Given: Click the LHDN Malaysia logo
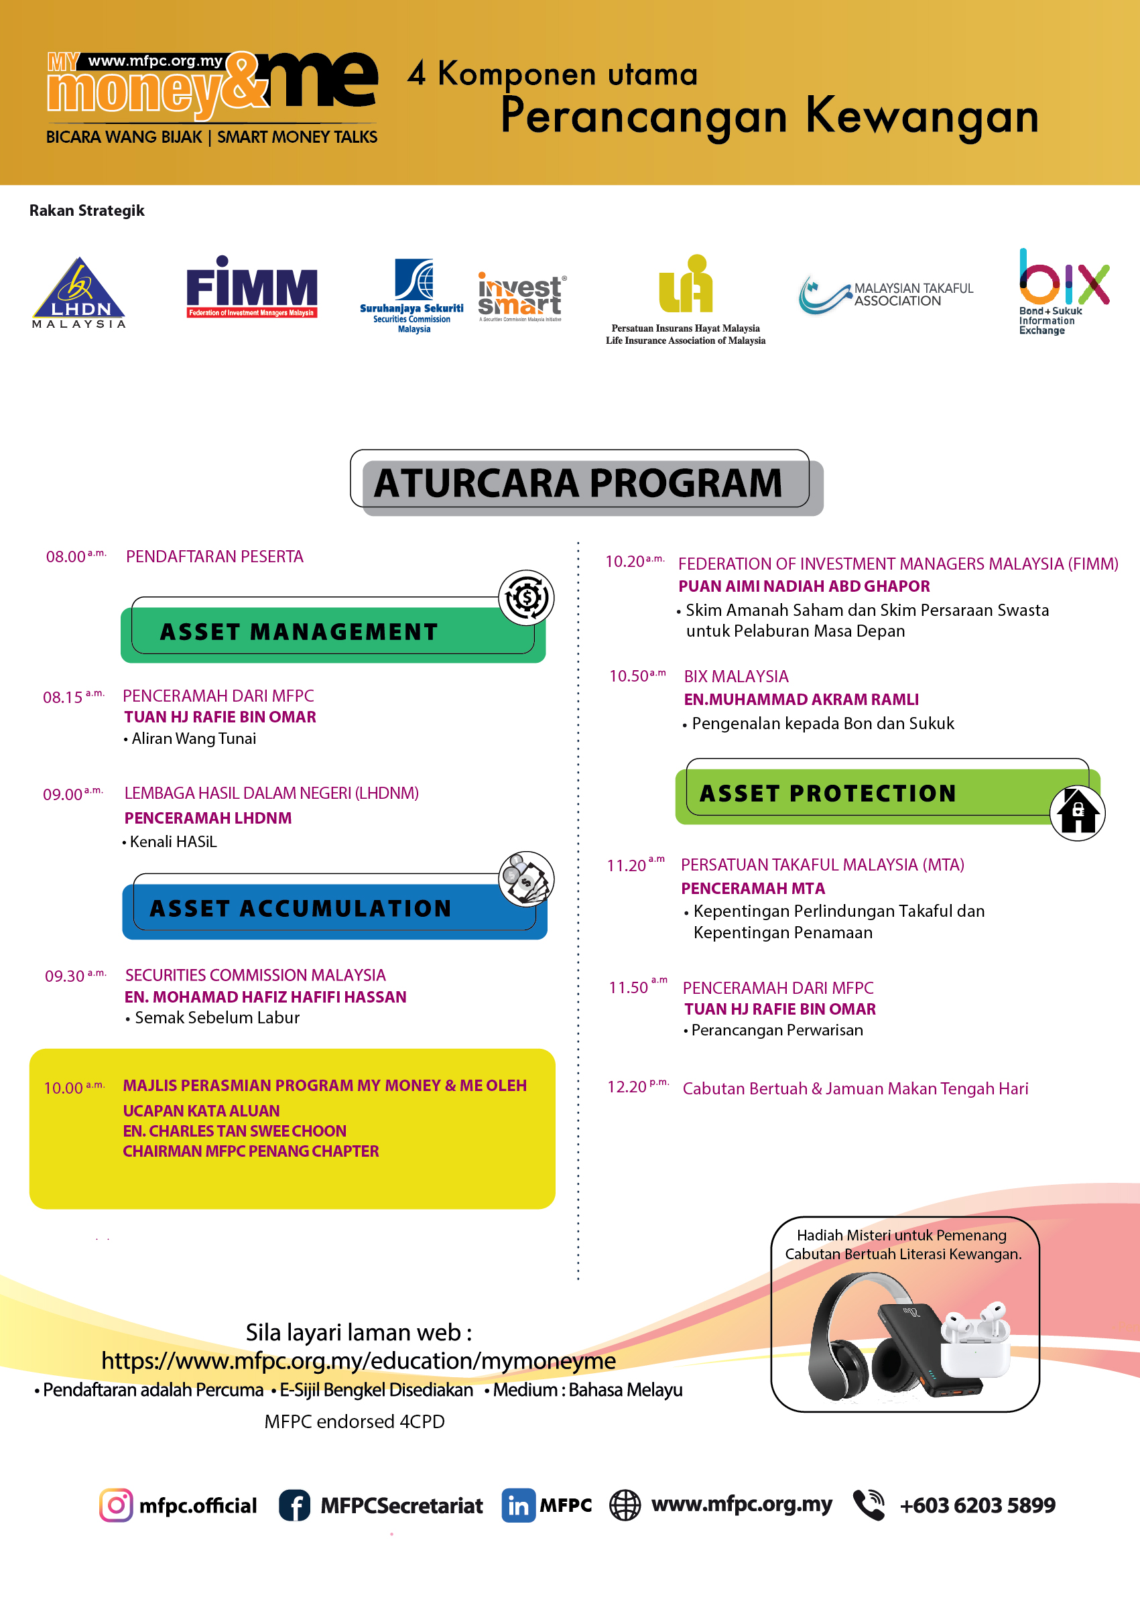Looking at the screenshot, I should coord(78,292).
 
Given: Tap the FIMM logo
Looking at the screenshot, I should coord(251,287).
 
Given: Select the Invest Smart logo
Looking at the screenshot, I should coord(520,296).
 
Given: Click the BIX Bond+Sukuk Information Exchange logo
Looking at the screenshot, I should coord(1063,291).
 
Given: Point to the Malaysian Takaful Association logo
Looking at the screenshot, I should coord(886,294).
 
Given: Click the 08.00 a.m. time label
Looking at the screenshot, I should coord(76,557).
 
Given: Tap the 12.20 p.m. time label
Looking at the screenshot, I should coord(637,1087).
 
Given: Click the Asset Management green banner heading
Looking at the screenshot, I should coord(299,632).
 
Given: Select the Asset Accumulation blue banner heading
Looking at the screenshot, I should coord(300,908).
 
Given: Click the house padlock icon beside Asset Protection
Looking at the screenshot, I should coord(1077,812).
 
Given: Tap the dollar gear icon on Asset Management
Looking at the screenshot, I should coord(526,598).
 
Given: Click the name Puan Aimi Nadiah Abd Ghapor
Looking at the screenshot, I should coord(804,586).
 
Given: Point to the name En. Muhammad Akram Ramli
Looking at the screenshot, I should coord(801,699).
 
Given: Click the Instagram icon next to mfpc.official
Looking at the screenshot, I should coord(116,1505).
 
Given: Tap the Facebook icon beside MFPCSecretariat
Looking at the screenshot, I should coord(295,1505).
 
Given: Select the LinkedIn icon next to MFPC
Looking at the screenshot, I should coord(518,1505).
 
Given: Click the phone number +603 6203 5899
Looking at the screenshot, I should coord(977,1505).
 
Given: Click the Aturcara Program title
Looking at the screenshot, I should coord(578,483).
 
